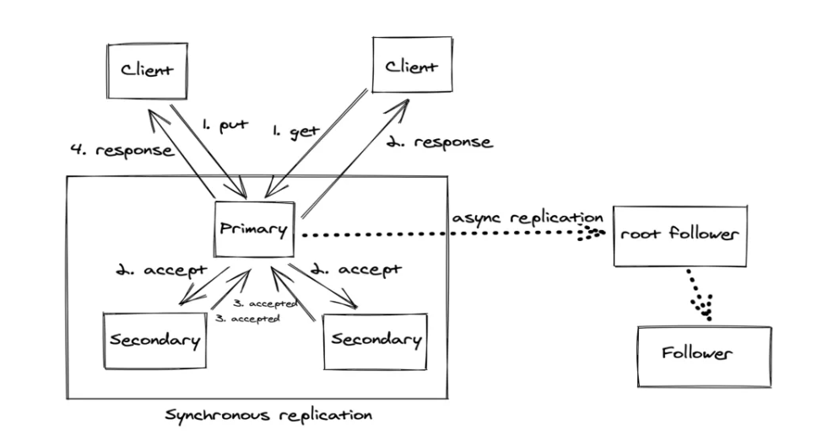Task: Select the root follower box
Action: [680, 234]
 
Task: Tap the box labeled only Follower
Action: [703, 353]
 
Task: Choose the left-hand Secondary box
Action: [155, 340]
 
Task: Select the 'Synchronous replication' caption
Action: [269, 416]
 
